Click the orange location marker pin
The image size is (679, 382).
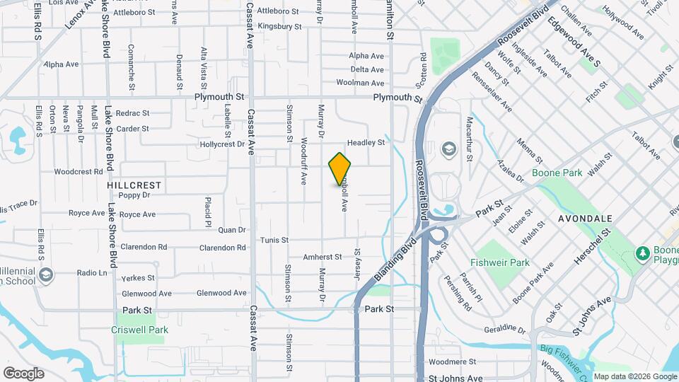coord(340,168)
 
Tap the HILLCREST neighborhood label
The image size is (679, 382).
coord(134,185)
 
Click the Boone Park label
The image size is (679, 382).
coord(556,172)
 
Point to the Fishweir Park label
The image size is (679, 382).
coord(501,262)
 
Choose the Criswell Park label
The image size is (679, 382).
coord(139,330)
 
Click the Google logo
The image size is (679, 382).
coord(23,373)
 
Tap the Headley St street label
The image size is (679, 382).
coord(366,142)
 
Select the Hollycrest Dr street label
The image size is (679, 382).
coord(222,144)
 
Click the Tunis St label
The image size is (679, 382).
coord(274,240)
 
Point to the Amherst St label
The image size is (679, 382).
coord(323,257)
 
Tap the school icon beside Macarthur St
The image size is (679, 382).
coord(448,149)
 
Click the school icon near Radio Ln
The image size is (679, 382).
coord(45,274)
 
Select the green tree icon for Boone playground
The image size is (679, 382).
coord(642,253)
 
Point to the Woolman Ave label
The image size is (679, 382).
coord(369,83)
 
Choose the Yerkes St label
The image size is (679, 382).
coord(138,278)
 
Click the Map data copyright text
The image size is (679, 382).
coord(634,376)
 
